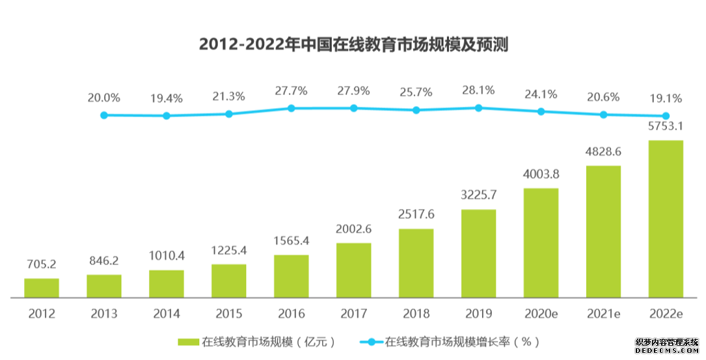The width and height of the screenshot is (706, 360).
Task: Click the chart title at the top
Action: coord(353,45)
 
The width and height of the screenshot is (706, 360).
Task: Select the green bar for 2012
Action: coord(42,288)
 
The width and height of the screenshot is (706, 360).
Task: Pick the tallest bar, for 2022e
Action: coord(666,219)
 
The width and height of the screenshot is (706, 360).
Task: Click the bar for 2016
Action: coord(292,276)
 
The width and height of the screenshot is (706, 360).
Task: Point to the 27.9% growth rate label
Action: coord(353,90)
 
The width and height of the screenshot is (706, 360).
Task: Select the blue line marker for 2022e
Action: coord(666,116)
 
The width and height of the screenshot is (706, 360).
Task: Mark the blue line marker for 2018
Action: coord(416,110)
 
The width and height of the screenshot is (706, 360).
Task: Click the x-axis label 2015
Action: coord(229,314)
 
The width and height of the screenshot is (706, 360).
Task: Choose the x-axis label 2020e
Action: coord(541,314)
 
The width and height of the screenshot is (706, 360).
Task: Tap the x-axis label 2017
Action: coord(353,314)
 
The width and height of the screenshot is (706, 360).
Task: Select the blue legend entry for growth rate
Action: coord(449,341)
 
